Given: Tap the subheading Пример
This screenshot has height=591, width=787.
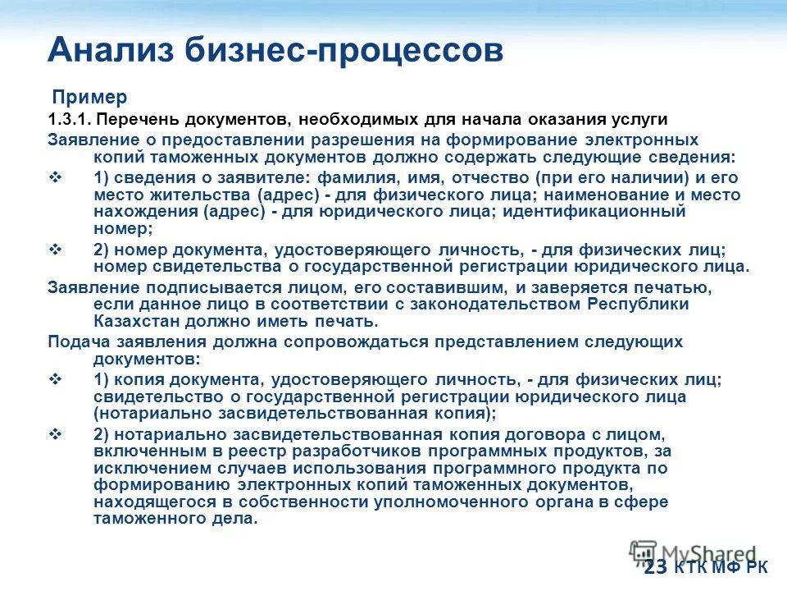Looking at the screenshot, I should point(90,97).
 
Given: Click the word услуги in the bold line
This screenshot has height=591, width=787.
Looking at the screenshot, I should point(639,119).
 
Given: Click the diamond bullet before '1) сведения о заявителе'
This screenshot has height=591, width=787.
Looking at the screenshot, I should point(56,177).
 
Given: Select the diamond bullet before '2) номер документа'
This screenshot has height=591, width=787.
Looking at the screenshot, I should point(56,249).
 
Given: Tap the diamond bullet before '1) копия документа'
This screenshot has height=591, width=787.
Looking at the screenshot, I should point(56,378).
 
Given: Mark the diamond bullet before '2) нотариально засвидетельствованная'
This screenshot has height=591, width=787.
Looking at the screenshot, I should point(56,433).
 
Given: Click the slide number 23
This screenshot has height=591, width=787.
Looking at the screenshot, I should point(655,568).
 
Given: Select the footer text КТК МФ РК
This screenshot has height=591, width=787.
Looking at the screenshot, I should point(721,568).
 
